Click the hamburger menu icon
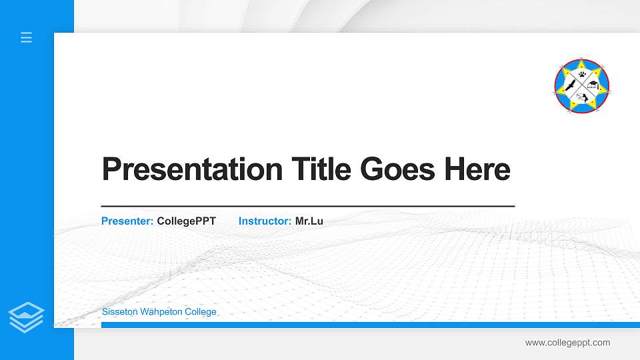(27, 37)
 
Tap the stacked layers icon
(27, 317)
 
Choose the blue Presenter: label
(127, 221)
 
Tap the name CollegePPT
(187, 221)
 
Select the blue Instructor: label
(265, 221)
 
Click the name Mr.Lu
(309, 221)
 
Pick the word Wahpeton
(161, 312)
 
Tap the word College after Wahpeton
(200, 312)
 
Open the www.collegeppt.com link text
(567, 343)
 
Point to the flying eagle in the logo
(571, 86)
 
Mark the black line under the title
(307, 207)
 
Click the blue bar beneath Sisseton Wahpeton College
(370, 325)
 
